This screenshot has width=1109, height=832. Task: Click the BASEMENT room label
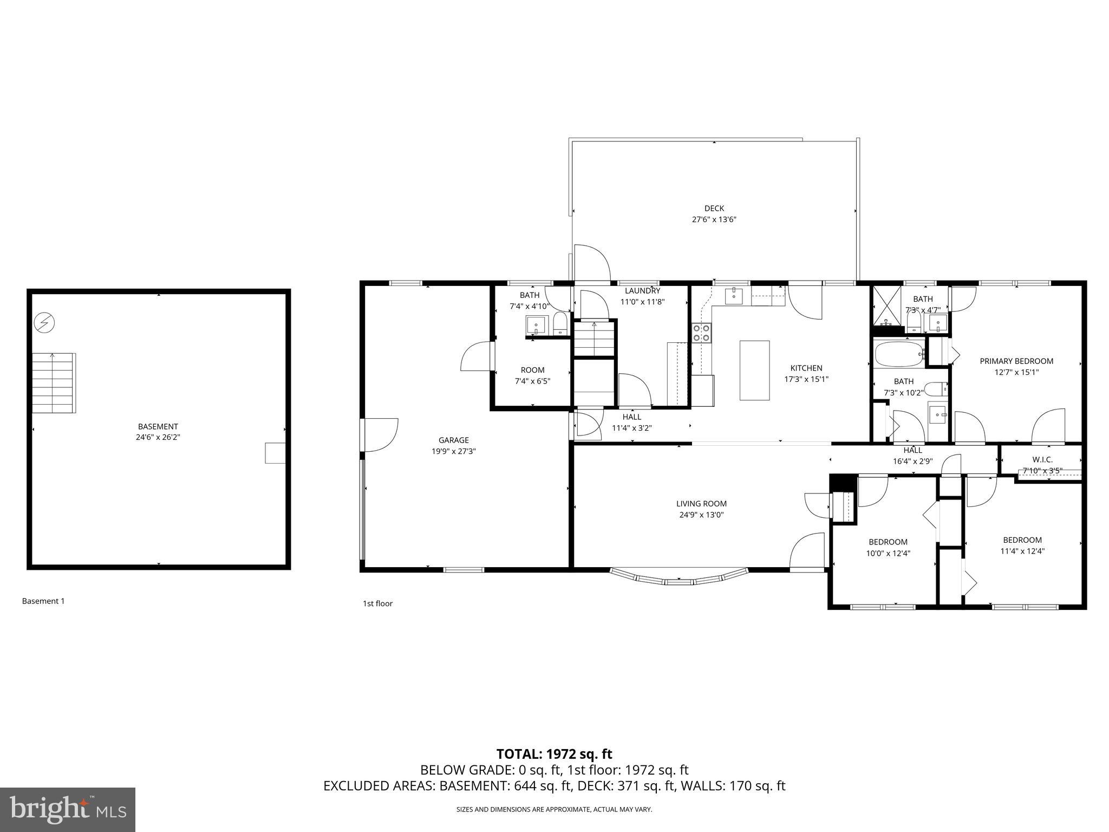pyautogui.click(x=158, y=426)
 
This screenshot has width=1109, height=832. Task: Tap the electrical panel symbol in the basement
pyautogui.click(x=44, y=323)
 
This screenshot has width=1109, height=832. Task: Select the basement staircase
pyautogui.click(x=53, y=382)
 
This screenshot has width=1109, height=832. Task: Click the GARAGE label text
pyautogui.click(x=453, y=440)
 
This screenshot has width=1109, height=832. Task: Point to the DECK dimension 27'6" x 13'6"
pyautogui.click(x=714, y=219)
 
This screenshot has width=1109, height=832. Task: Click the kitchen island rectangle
pyautogui.click(x=754, y=370)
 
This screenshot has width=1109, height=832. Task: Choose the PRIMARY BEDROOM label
pyautogui.click(x=1016, y=361)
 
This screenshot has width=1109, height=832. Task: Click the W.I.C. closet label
pyautogui.click(x=1042, y=460)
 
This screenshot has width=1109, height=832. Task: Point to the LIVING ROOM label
pyautogui.click(x=701, y=503)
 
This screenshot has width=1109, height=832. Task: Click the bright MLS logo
pyautogui.click(x=68, y=810)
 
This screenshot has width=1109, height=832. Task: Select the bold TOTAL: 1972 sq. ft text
pyautogui.click(x=554, y=754)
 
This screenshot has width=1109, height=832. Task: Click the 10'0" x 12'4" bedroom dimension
pyautogui.click(x=888, y=553)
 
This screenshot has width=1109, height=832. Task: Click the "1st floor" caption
pyautogui.click(x=377, y=603)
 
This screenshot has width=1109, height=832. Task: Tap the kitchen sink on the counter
pyautogui.click(x=733, y=296)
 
